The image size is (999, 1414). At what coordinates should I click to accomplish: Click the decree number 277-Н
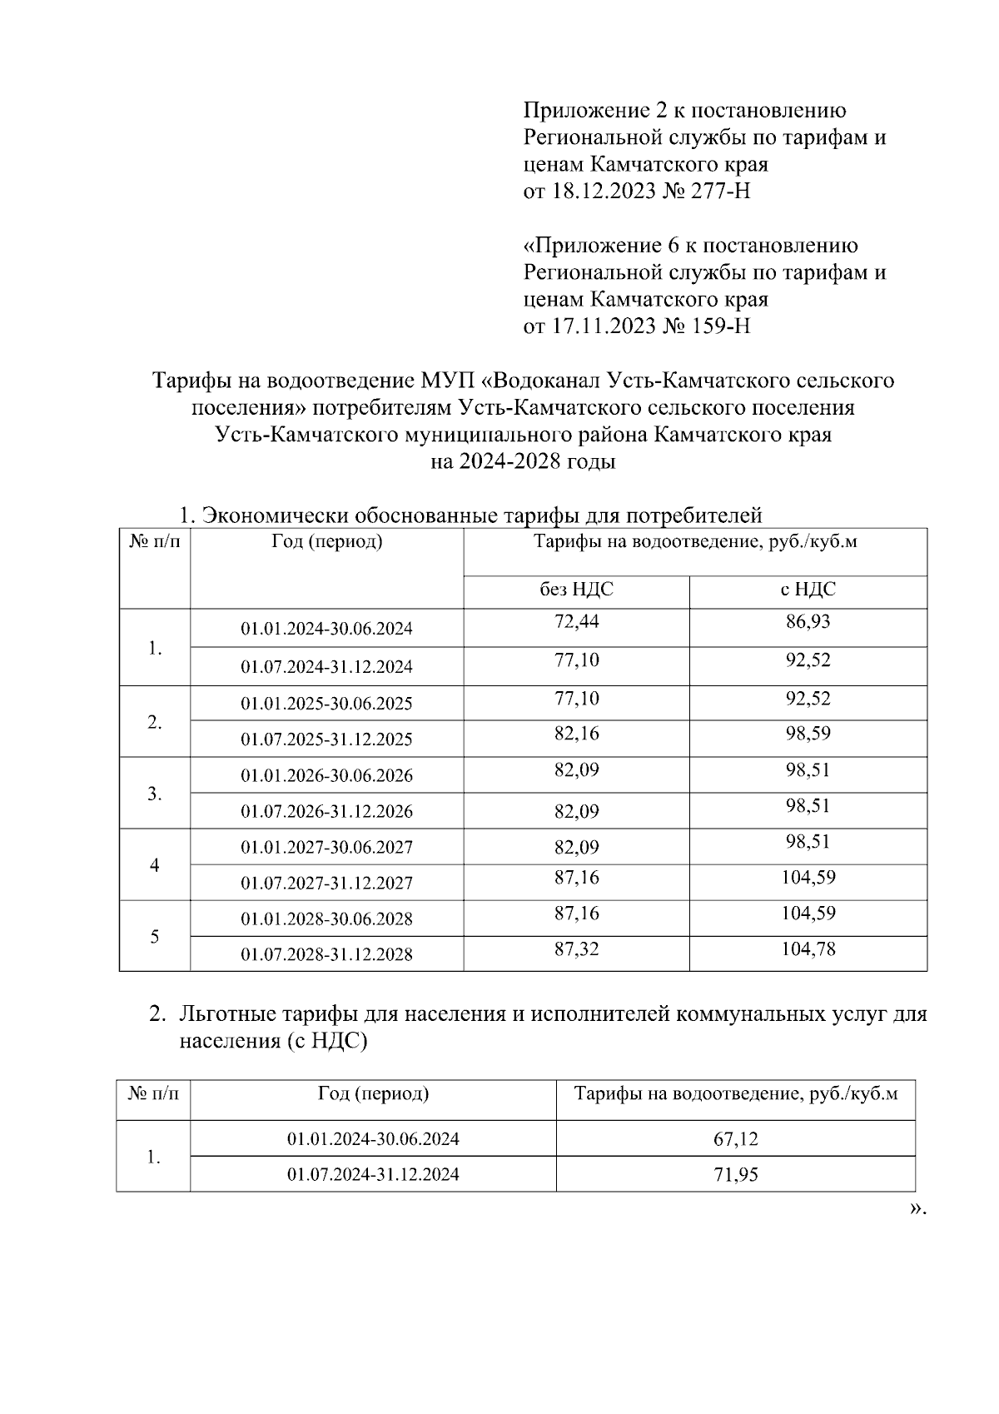(x=721, y=192)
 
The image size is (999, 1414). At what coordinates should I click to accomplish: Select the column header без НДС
(x=576, y=590)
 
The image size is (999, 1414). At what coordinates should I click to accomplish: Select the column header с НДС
(x=808, y=590)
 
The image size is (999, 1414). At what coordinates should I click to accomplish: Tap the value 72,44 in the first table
(x=576, y=621)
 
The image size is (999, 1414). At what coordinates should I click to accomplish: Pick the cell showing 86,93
(x=808, y=621)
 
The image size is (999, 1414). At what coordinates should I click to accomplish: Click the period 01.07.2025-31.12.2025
(x=326, y=739)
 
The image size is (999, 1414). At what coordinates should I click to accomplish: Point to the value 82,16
(x=576, y=734)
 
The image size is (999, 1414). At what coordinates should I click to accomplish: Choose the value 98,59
(x=808, y=734)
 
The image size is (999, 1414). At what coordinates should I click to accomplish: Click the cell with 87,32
(x=576, y=948)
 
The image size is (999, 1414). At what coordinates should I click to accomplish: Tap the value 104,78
(x=808, y=948)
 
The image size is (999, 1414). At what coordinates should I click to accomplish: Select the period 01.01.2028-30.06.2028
(x=326, y=919)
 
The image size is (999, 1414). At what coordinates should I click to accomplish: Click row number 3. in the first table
(x=155, y=794)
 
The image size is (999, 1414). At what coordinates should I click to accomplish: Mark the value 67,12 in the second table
(x=735, y=1138)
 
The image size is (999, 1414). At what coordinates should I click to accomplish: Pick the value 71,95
(x=735, y=1175)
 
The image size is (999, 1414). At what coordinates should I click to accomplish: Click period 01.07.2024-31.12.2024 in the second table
(x=373, y=1175)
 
